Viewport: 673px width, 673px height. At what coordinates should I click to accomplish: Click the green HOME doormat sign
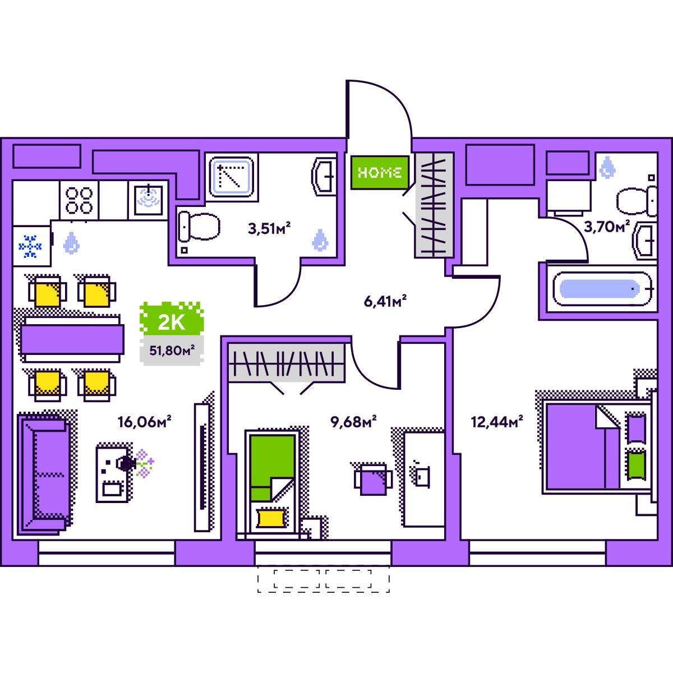pyautogui.click(x=379, y=172)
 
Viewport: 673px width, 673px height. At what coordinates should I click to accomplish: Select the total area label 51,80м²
pyautogui.click(x=172, y=352)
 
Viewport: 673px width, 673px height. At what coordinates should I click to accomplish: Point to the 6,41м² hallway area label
pyautogui.click(x=385, y=301)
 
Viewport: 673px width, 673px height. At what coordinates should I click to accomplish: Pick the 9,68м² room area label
pyautogui.click(x=353, y=421)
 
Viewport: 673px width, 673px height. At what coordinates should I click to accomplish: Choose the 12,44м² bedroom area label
pyautogui.click(x=497, y=421)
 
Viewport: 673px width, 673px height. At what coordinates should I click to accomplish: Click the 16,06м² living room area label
pyautogui.click(x=144, y=421)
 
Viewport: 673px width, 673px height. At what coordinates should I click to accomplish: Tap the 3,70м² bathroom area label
pyautogui.click(x=607, y=227)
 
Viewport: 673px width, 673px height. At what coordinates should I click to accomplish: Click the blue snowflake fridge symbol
pyautogui.click(x=31, y=246)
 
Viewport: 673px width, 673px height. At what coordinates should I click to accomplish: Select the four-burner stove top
pyautogui.click(x=79, y=200)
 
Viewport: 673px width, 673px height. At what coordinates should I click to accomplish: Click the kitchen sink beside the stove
pyautogui.click(x=148, y=200)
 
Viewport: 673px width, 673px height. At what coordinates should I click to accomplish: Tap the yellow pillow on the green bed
pyautogui.click(x=270, y=517)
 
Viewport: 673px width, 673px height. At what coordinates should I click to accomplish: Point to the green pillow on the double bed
pyautogui.click(x=635, y=464)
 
